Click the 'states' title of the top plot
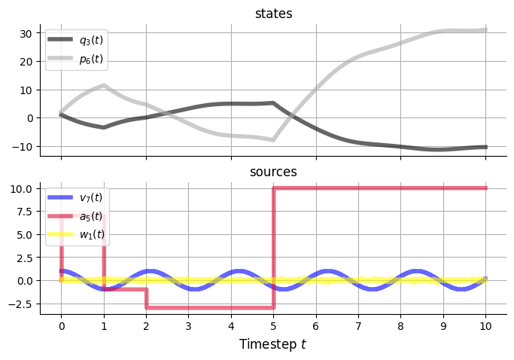pyautogui.click(x=273, y=14)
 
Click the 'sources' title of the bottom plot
pyautogui.click(x=273, y=172)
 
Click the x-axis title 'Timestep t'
pyautogui.click(x=273, y=344)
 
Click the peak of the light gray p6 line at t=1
pyautogui.click(x=104, y=85)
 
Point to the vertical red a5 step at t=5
pyautogui.click(x=273, y=249)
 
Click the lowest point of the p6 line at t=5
pyautogui.click(x=273, y=140)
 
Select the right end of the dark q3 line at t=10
pyautogui.click(x=485, y=147)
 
